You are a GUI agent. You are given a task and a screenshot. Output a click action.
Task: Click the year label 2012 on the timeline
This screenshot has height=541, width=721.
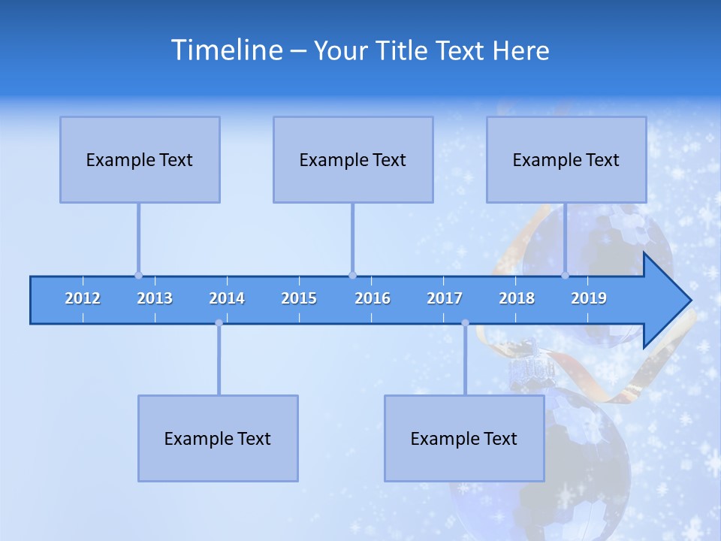[x=83, y=298]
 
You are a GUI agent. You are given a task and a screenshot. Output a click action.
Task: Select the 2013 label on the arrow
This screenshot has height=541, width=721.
[x=155, y=298]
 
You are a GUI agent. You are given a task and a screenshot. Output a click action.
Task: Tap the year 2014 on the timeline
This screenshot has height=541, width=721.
[x=227, y=298]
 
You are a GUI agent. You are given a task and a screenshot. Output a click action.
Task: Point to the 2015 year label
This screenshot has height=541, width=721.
[x=299, y=298]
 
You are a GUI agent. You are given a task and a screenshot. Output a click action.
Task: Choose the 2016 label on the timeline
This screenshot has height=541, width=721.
[x=373, y=298]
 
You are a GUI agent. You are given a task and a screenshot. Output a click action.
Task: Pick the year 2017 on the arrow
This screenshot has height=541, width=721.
[x=445, y=298]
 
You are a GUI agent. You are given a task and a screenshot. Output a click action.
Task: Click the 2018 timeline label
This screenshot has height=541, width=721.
[x=517, y=298]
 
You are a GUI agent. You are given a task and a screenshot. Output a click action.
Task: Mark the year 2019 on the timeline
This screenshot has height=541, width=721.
[x=589, y=298]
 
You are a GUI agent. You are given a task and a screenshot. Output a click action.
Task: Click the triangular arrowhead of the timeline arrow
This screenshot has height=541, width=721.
[x=665, y=301]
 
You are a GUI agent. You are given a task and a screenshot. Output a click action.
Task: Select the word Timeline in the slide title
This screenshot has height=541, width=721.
[x=226, y=50]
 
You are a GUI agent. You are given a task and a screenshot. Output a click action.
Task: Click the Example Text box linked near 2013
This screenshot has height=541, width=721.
[x=140, y=159]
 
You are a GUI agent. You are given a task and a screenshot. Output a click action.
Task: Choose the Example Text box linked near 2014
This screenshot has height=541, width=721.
[x=218, y=438]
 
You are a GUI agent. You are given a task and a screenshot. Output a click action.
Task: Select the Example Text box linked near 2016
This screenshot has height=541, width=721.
[x=353, y=159]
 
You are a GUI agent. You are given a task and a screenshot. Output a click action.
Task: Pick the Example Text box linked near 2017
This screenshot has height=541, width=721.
[x=464, y=438]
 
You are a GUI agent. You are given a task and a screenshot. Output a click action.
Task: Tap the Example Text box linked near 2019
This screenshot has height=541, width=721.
[x=566, y=159]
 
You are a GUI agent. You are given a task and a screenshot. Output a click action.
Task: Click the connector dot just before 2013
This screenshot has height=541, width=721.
[x=138, y=275]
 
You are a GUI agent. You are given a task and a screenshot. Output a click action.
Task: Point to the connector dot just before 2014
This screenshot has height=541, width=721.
[x=219, y=323]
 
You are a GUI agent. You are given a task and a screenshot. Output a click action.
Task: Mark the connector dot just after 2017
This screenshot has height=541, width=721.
[x=465, y=323]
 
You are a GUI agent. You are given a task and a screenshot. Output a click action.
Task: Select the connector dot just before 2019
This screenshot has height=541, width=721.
[x=565, y=275]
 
